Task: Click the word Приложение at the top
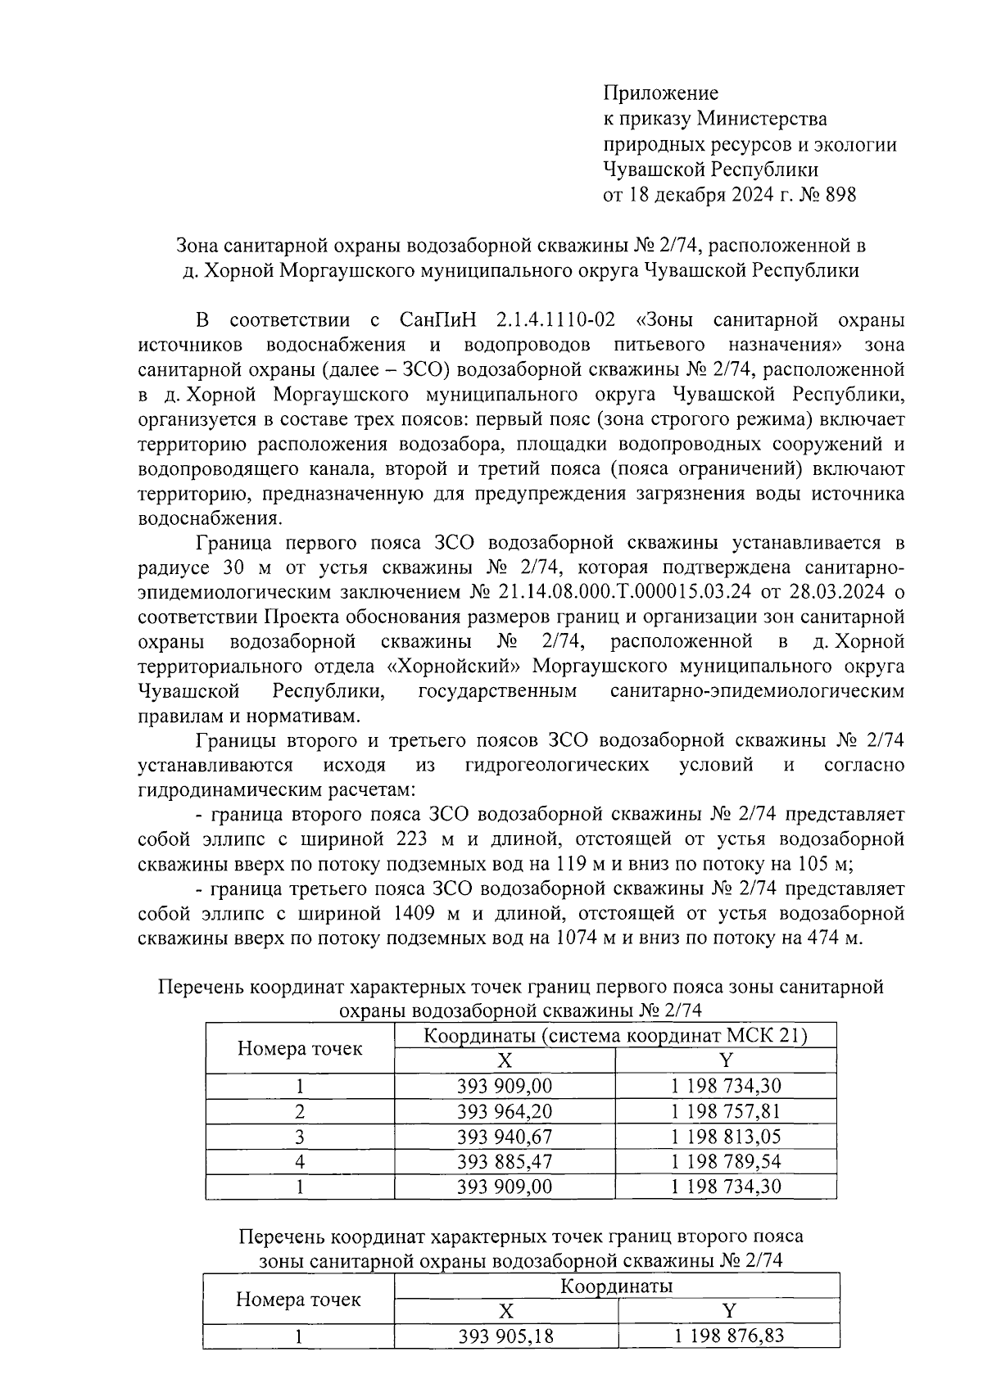click(660, 93)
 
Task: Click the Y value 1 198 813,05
click(725, 1136)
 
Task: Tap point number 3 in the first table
click(300, 1136)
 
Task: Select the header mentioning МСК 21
click(615, 1036)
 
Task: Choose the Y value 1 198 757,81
click(725, 1111)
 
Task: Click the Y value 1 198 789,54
click(725, 1161)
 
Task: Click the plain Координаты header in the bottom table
click(615, 1286)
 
